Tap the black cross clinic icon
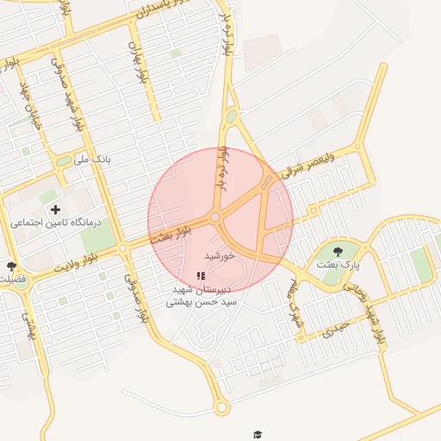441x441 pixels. pyautogui.click(x=56, y=209)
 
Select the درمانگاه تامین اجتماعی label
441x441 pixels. pyautogui.click(x=56, y=222)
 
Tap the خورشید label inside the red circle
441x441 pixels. pyautogui.click(x=220, y=257)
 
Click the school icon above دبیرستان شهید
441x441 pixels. pyautogui.click(x=201, y=276)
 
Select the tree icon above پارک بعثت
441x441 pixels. pyautogui.click(x=336, y=252)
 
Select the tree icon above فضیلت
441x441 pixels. pyautogui.click(x=11, y=267)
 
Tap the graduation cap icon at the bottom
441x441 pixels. pyautogui.click(x=256, y=434)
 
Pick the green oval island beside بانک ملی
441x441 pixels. pyautogui.click(x=64, y=161)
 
